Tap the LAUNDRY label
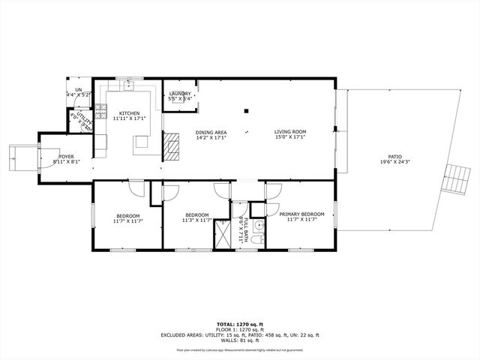point(180,94)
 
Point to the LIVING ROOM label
point(289,133)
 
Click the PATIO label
point(394,157)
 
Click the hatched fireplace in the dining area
point(172,145)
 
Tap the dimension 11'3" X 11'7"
point(197,220)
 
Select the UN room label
point(78,89)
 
